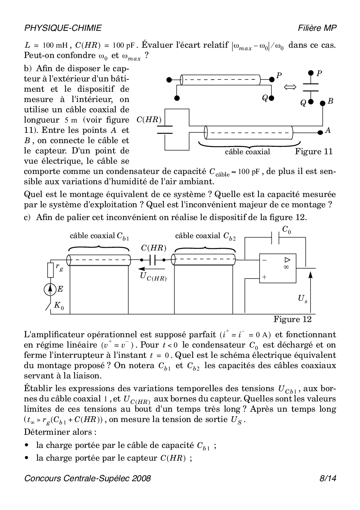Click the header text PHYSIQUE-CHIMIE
coord(63,28)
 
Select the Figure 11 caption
coord(314,152)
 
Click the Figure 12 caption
coord(293,319)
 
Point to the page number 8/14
coord(327,478)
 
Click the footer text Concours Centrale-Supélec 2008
coord(88,478)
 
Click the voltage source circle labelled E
coord(50,290)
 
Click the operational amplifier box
coord(278,268)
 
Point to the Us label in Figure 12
coord(302,298)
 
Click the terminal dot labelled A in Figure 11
coord(321,132)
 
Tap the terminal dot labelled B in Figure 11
coord(322,103)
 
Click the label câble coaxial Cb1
coord(99,236)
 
